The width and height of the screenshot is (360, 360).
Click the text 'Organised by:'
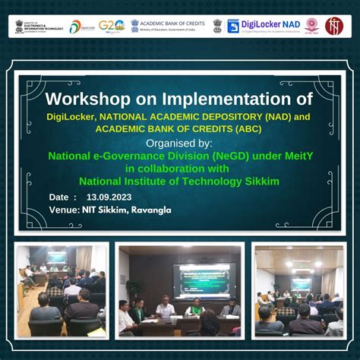[x=179, y=142]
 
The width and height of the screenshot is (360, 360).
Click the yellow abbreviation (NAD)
[x=264, y=116]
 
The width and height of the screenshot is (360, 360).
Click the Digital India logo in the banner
[x=81, y=27]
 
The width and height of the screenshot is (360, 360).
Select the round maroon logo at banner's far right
[x=334, y=26]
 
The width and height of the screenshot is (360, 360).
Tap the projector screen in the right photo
[x=300, y=283]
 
